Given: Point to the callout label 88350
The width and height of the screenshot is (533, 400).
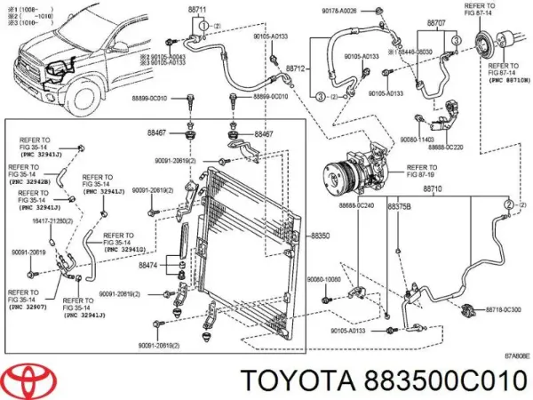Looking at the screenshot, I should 321,236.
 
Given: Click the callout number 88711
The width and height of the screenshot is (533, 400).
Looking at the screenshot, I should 197,10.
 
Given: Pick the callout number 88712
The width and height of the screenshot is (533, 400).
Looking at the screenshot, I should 296,68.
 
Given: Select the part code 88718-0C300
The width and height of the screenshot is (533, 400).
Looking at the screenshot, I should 505,309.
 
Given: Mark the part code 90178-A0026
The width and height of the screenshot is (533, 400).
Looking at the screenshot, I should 363,10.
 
